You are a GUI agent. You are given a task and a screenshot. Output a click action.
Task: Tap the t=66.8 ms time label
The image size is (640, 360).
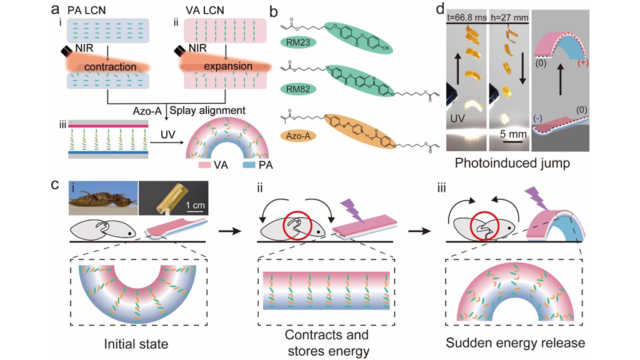466,18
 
